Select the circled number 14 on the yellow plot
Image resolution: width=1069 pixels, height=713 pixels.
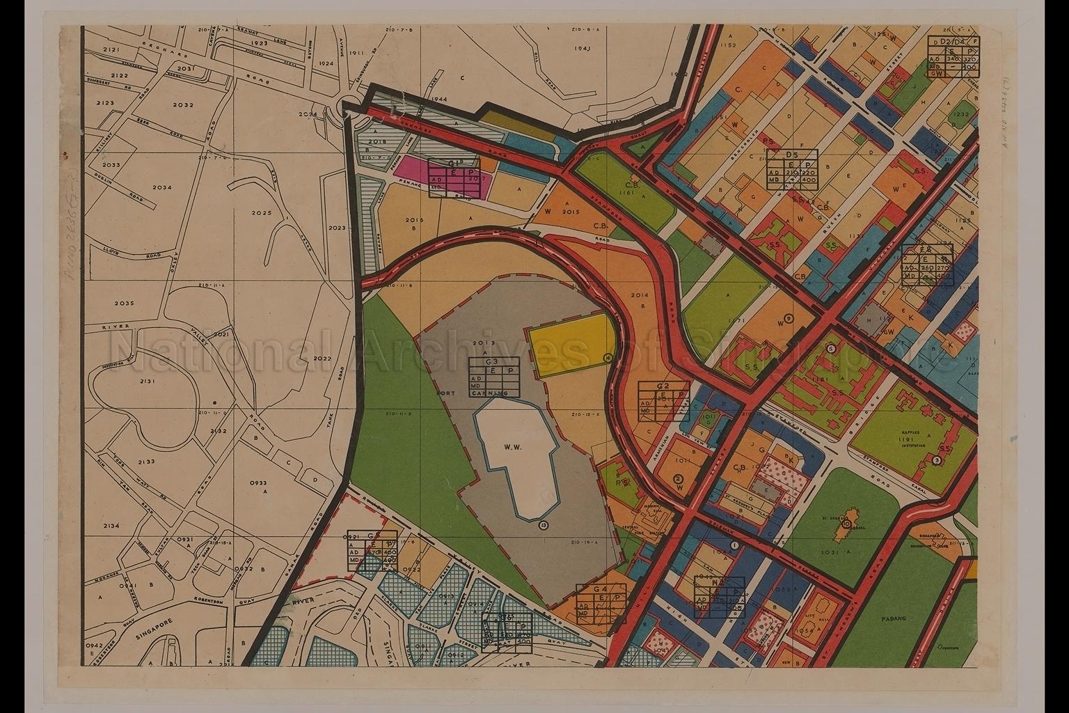[607, 357]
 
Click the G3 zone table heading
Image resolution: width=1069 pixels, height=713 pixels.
[492, 362]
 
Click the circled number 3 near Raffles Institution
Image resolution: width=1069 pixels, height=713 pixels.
[937, 460]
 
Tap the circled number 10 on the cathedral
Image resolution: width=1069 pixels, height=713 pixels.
[846, 524]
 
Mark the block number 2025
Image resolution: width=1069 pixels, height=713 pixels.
[262, 212]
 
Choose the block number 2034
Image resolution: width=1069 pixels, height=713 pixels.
[161, 187]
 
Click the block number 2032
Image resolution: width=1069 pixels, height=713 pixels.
[183, 105]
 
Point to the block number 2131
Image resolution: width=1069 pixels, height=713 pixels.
[147, 382]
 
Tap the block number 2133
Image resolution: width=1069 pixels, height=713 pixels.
[146, 462]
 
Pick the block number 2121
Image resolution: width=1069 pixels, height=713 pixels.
[111, 51]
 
